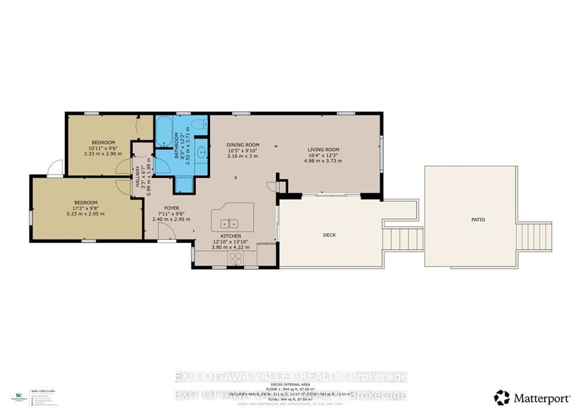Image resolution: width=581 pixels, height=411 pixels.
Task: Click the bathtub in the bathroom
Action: (164, 131)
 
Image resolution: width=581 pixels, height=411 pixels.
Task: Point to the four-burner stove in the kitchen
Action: (235, 258)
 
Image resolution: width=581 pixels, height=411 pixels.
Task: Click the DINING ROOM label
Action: (243, 145)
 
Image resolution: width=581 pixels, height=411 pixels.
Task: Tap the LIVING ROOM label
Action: (323, 150)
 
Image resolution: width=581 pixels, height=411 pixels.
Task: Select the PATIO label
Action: (478, 220)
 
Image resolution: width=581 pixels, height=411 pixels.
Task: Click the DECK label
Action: (329, 235)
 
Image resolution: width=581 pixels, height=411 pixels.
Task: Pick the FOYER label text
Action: (172, 208)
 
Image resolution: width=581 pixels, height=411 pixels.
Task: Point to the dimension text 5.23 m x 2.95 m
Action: (85, 214)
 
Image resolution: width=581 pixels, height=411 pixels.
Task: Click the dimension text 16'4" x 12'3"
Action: (323, 155)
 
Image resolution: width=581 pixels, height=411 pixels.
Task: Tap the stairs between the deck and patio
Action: (403, 239)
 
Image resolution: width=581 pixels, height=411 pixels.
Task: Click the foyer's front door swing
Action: (166, 231)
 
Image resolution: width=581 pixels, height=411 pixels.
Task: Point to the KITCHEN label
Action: (231, 236)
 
